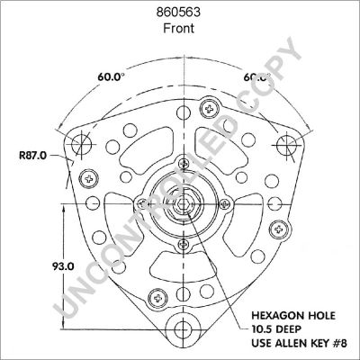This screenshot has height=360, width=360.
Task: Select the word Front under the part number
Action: [x=179, y=28]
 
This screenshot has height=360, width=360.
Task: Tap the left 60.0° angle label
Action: [x=112, y=77]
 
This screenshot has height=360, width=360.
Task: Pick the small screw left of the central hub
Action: [x=142, y=203]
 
